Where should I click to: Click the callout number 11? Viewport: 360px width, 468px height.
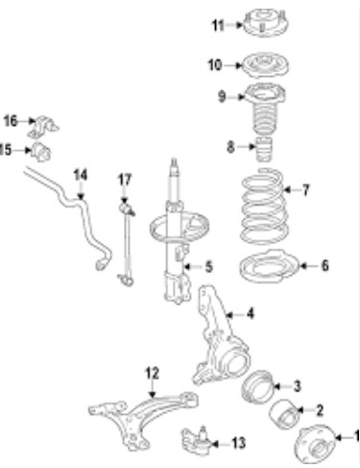(x=219, y=25)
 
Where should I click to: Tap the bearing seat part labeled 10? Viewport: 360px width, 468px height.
(x=264, y=65)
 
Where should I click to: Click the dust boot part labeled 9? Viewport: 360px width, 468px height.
(x=265, y=109)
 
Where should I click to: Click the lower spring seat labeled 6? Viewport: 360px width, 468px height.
(x=269, y=266)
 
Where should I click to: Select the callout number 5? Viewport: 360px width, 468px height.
(x=209, y=266)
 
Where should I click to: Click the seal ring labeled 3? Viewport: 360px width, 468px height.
(x=256, y=386)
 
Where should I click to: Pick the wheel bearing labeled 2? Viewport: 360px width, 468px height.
(x=284, y=413)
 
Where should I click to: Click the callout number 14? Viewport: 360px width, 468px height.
(x=81, y=175)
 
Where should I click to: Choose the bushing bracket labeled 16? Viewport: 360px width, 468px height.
(x=42, y=126)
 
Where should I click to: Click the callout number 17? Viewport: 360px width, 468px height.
(x=125, y=180)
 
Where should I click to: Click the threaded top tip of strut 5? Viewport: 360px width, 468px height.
(x=175, y=161)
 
